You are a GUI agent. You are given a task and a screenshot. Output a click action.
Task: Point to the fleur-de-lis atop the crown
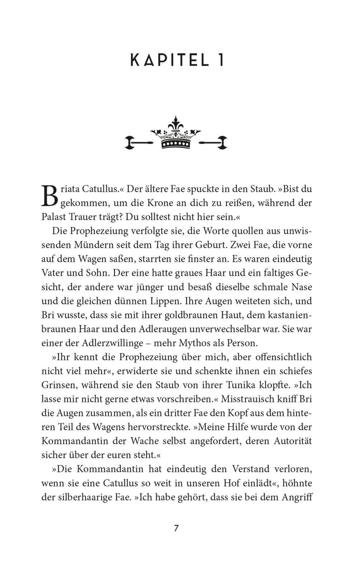coord(176,124)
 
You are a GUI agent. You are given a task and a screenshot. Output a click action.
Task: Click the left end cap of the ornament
coord(129,143)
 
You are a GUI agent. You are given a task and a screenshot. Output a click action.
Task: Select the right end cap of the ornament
coord(222,143)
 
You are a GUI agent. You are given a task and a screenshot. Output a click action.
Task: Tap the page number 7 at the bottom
coord(176,528)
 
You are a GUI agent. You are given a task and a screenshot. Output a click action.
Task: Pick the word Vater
coord(53,273)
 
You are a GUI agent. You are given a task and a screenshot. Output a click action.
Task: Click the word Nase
coord(302,287)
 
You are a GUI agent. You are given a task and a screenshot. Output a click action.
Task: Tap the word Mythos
coord(193,343)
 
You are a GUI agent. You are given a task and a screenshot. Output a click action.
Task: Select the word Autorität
coord(293,441)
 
